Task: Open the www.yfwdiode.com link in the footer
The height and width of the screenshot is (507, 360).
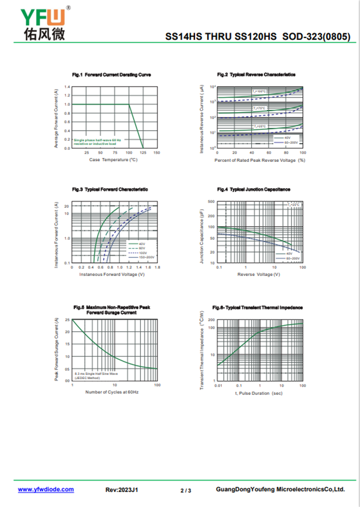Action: tap(46, 489)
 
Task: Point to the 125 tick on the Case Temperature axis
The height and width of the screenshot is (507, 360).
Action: tap(143, 153)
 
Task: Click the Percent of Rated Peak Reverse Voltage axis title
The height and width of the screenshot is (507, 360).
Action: tap(260, 160)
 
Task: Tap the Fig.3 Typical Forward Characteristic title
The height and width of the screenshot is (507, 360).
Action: tap(110, 190)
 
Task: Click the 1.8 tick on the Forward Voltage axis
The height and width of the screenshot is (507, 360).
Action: tap(157, 268)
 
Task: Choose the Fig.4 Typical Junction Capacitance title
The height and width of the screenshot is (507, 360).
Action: tap(254, 190)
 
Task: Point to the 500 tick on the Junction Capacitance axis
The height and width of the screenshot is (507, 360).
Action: tap(211, 202)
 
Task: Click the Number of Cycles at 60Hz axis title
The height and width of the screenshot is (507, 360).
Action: tap(112, 392)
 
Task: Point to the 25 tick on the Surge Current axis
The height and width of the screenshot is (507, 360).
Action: tap(67, 320)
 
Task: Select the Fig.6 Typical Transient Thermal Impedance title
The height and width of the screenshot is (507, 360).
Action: tap(257, 307)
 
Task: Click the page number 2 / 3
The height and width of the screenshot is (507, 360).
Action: tap(186, 490)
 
